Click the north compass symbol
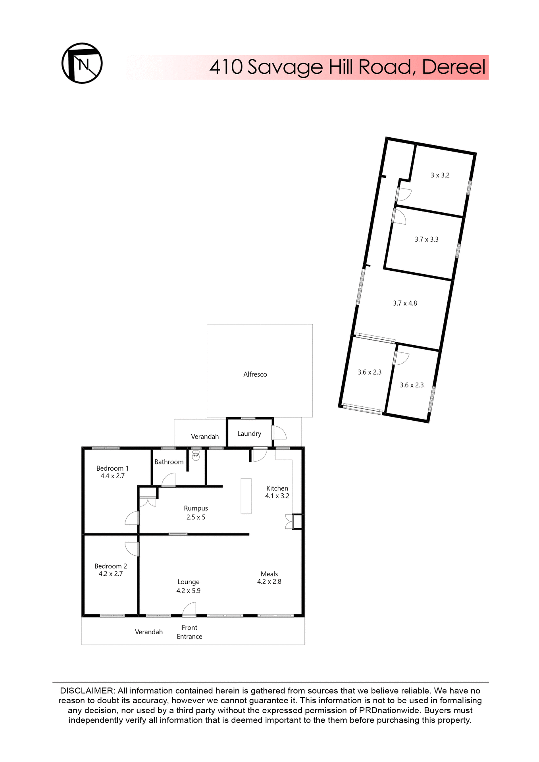(82, 63)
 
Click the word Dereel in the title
(453, 67)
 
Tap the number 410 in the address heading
(226, 67)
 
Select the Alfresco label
(255, 374)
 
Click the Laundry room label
(249, 433)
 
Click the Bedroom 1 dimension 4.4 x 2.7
(112, 476)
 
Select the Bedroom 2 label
(111, 566)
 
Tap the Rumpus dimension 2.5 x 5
(196, 517)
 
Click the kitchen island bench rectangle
(246, 496)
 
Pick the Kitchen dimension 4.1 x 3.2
(277, 496)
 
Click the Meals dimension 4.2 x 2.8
(269, 581)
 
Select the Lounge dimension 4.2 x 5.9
(188, 591)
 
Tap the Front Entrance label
(189, 632)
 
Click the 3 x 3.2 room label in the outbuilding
(440, 175)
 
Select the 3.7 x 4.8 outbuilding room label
(405, 303)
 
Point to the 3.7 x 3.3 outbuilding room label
(426, 239)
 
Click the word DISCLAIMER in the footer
(87, 691)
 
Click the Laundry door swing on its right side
(279, 433)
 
